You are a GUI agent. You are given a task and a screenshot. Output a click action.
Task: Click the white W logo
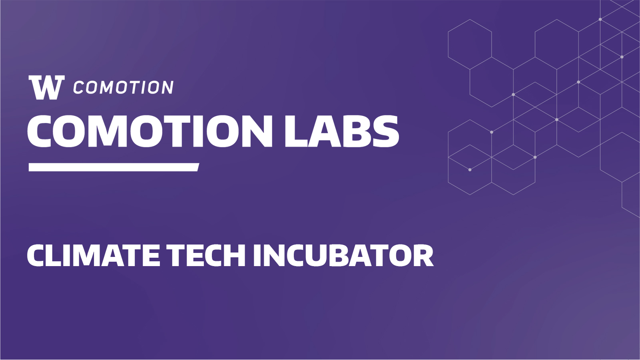(47, 88)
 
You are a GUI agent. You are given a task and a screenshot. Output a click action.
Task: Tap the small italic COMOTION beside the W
(124, 87)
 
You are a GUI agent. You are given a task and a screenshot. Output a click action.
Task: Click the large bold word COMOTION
(150, 131)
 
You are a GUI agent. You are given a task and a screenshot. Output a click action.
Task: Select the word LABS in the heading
(342, 131)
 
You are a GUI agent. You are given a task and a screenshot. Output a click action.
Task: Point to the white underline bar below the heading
(114, 167)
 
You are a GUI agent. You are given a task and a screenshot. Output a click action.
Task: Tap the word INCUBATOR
(343, 255)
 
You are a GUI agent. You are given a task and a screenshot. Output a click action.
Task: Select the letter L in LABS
(296, 131)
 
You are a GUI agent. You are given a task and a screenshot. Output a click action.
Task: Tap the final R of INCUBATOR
(423, 255)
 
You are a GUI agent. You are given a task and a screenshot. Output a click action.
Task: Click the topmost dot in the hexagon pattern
(600, 20)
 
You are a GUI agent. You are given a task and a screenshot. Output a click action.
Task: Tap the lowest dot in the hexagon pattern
(470, 170)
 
